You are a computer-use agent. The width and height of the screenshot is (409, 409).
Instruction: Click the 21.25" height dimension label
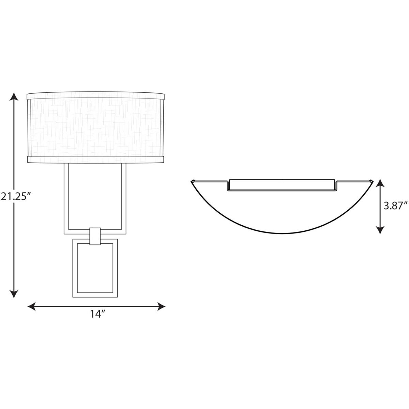tap(13, 197)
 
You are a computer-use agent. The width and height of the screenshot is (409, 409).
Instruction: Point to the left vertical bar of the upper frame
tap(66, 198)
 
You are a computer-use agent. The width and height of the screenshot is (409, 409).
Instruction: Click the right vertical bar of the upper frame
tap(123, 198)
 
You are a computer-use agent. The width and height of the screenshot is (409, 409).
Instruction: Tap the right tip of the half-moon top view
tap(372, 181)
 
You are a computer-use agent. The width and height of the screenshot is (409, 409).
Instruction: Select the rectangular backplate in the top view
tap(282, 185)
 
